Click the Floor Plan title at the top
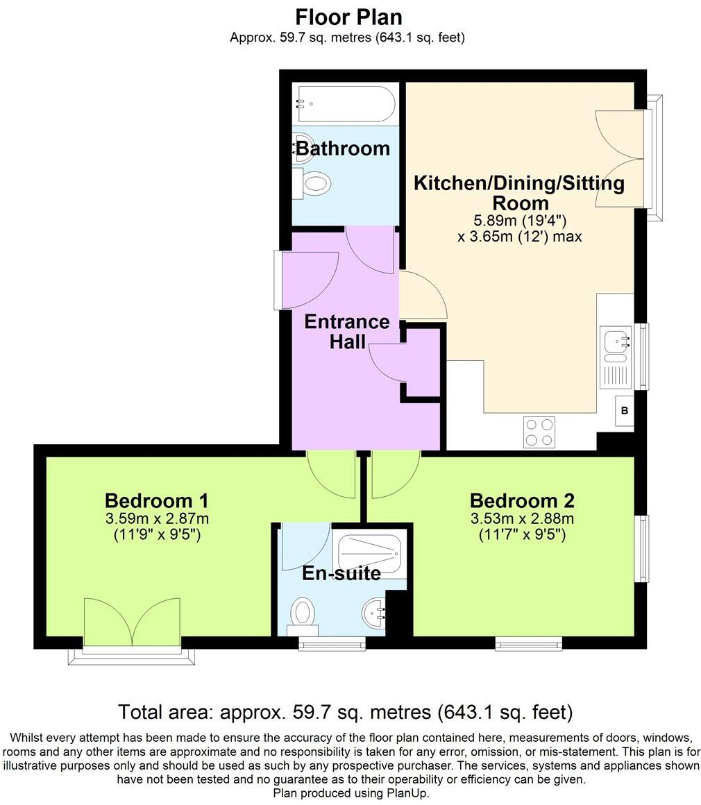tap(348, 17)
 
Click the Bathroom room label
tap(343, 149)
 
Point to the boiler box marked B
tap(624, 412)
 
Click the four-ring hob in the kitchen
tap(539, 432)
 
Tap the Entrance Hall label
tap(347, 331)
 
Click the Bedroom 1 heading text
tap(156, 500)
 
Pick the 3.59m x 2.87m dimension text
tap(156, 519)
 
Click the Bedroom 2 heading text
tap(522, 500)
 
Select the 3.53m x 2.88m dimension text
tap(522, 519)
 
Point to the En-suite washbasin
tap(375, 613)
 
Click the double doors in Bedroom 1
tap(132, 622)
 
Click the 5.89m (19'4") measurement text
tap(519, 221)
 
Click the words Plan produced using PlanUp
tap(350, 793)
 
